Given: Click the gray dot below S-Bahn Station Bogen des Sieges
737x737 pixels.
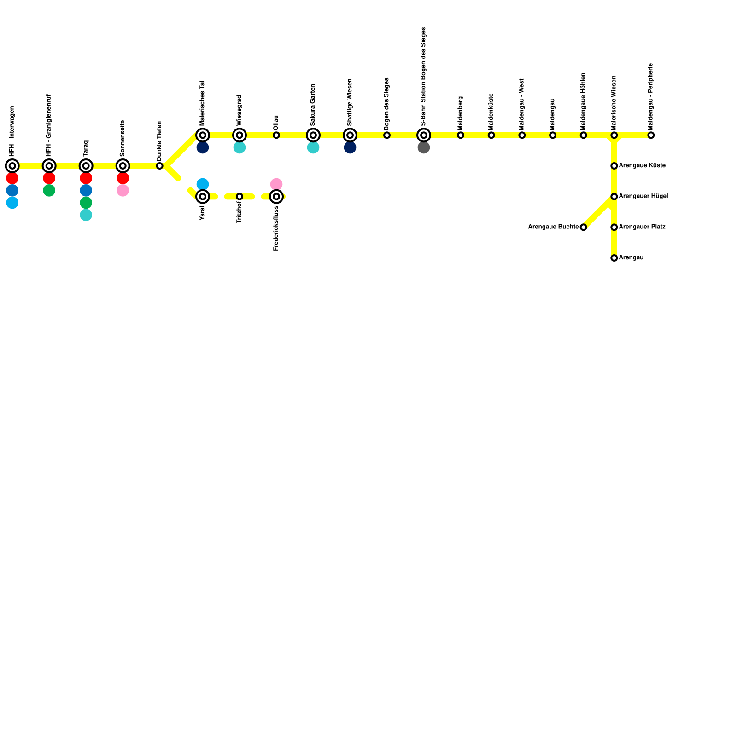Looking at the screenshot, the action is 424,148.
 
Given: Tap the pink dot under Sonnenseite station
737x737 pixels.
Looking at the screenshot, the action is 123,191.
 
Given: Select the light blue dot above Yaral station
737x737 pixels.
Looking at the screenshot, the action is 203,184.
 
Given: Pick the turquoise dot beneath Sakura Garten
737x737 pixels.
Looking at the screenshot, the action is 313,148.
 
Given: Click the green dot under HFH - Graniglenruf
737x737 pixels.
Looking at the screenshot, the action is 49,191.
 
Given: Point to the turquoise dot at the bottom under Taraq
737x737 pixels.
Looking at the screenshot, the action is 86,215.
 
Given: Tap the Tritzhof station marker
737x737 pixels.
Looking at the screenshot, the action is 240,197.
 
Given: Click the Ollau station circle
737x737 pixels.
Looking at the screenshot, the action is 276,135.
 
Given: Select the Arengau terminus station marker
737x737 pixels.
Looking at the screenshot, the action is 614,258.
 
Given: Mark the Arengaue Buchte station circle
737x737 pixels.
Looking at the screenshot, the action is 584,227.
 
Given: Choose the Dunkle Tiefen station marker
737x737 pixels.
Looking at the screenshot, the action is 160,166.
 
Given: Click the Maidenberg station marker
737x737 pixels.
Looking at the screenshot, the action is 461,135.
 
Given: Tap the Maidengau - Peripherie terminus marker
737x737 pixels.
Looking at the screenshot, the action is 651,135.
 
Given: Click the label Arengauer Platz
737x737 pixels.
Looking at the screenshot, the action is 642,227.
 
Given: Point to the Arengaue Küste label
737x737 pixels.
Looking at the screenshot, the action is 642,165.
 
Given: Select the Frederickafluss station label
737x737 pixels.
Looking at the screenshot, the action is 276,228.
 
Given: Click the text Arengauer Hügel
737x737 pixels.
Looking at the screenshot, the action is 643,196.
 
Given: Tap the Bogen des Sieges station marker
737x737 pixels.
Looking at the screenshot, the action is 387,135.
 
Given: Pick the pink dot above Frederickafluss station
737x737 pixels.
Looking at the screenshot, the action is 276,184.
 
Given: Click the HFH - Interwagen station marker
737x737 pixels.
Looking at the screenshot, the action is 12,166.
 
